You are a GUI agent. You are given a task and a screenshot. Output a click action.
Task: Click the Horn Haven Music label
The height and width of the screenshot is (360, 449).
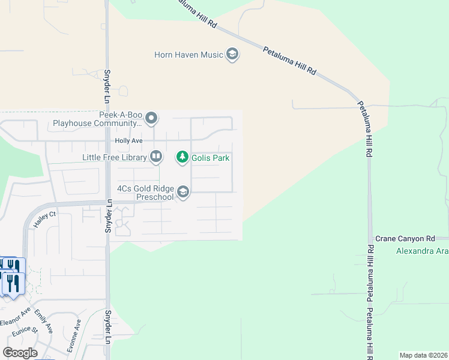click(x=188, y=55)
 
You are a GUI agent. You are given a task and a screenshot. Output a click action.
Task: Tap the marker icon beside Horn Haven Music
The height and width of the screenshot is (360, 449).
click(x=232, y=55)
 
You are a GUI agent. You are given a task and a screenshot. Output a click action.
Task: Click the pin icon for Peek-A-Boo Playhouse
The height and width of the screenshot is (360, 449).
click(x=151, y=118)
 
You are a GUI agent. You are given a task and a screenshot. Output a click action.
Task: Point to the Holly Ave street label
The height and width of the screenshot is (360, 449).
click(x=128, y=141)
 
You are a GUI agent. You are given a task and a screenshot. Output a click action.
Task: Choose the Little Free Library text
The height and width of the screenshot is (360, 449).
click(x=115, y=158)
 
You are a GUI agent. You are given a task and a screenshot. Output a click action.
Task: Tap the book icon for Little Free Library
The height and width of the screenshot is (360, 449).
click(x=155, y=157)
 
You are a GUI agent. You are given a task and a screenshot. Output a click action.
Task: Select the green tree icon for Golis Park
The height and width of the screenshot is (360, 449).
click(x=182, y=157)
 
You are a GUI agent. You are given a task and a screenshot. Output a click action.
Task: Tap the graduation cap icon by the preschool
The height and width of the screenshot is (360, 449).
click(x=183, y=192)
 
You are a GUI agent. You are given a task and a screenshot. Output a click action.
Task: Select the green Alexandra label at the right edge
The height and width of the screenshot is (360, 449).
click(x=421, y=251)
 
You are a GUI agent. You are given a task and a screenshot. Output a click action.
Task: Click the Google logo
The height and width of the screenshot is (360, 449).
click(x=19, y=353)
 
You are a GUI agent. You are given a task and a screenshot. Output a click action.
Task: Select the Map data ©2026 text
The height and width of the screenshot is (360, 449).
click(x=423, y=355)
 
